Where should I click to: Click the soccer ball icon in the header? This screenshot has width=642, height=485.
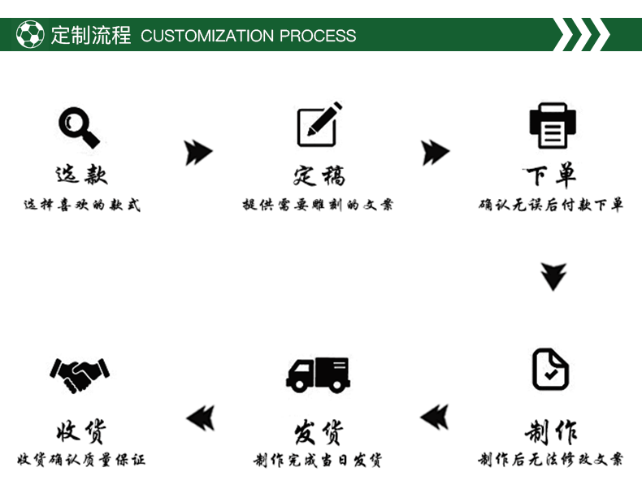click(x=30, y=35)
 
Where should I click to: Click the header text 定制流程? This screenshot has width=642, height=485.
click(x=91, y=36)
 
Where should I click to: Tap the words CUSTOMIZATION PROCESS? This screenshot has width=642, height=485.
click(x=248, y=36)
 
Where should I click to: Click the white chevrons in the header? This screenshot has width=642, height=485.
click(x=582, y=35)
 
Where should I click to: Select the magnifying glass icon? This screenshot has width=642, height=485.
click(x=79, y=127)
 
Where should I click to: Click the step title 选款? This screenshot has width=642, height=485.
click(x=81, y=174)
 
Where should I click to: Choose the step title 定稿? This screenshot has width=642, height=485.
click(x=319, y=175)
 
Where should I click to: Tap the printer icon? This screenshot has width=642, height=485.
click(x=553, y=126)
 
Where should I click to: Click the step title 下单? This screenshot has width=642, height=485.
click(x=550, y=175)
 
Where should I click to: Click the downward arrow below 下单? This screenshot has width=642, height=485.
click(x=553, y=276)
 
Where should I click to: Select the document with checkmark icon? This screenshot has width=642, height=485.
click(x=550, y=370)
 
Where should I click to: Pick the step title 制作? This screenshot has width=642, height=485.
click(x=550, y=431)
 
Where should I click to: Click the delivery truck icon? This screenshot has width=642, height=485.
click(x=318, y=374)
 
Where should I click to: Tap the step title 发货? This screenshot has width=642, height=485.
click(x=318, y=431)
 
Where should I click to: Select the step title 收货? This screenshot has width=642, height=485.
click(x=80, y=431)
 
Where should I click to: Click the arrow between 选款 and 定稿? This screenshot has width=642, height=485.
click(x=198, y=152)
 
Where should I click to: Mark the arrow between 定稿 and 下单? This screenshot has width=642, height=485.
click(x=436, y=152)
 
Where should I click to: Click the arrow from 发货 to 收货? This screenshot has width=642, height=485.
click(x=200, y=418)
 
